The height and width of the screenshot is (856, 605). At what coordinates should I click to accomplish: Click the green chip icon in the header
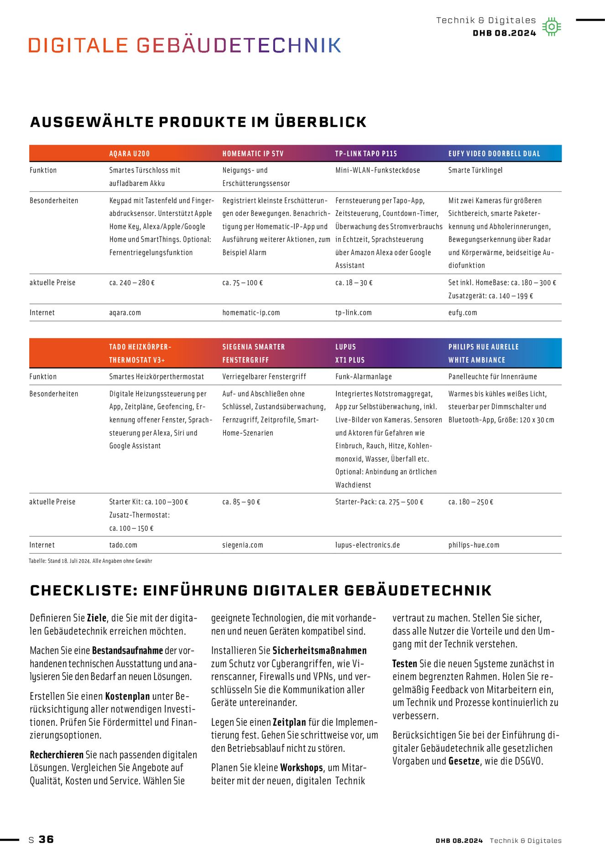551,27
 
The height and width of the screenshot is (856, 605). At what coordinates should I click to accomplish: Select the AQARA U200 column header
129,154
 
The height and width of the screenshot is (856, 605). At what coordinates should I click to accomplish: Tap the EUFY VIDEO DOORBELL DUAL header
494,154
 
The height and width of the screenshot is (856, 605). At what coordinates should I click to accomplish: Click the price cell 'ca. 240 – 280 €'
132,283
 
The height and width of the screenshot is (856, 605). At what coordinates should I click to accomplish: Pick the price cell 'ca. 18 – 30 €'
354,283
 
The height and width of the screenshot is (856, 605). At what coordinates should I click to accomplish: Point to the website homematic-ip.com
251,313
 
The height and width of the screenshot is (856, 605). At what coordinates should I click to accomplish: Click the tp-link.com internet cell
353,313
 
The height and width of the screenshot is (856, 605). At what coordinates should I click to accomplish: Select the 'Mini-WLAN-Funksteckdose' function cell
377,170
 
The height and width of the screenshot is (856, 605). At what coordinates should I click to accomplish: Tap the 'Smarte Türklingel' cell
475,170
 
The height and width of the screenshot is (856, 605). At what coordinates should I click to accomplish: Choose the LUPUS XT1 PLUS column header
349,353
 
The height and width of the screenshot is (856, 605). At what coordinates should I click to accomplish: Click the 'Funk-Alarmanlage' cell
363,377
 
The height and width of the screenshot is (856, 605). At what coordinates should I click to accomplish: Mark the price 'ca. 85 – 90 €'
241,502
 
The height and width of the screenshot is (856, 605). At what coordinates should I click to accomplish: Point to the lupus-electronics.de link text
367,545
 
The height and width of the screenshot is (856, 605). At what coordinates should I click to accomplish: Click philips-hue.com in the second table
474,545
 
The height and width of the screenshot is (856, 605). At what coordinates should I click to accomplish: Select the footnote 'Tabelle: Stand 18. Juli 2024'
90,561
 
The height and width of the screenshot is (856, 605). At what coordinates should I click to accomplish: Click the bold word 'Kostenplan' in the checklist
127,697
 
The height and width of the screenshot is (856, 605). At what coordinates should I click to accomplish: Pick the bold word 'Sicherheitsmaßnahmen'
319,651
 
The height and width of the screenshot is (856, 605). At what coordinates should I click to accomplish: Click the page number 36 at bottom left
46,840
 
